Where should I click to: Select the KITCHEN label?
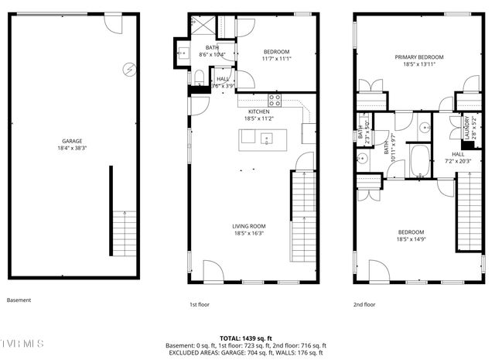(258, 111)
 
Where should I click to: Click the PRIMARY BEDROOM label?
(419, 57)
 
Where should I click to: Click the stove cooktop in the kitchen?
(275, 99)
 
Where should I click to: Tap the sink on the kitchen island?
(266, 138)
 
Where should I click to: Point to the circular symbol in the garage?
(128, 69)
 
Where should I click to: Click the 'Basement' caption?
(19, 300)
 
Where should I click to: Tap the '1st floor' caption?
(200, 304)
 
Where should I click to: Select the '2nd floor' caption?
(364, 304)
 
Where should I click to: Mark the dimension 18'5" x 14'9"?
(411, 240)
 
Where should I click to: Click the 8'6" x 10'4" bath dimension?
(212, 54)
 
